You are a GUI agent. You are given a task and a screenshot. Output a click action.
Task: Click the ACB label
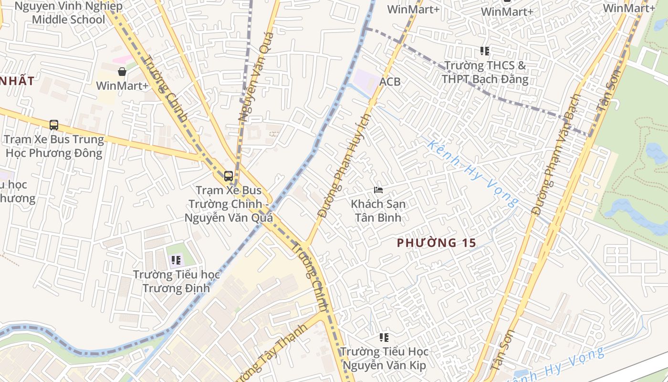390,82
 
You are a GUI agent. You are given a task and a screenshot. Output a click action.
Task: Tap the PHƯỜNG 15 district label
436,243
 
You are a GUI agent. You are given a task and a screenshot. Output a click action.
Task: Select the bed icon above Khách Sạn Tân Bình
378,190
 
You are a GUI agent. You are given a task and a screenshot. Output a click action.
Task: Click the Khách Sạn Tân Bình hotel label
378,211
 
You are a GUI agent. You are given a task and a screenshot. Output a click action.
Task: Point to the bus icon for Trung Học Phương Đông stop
54,125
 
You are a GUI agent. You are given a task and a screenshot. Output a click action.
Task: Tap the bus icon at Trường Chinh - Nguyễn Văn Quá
229,176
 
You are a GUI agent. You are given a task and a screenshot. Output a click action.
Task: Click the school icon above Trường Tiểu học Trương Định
176,260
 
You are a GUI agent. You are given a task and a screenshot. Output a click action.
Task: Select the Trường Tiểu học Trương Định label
176,281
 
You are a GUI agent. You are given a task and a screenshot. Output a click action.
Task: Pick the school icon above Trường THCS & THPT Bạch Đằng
485,51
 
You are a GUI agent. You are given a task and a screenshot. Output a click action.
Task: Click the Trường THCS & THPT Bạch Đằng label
485,72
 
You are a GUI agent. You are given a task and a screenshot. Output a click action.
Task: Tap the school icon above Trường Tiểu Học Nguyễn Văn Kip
384,338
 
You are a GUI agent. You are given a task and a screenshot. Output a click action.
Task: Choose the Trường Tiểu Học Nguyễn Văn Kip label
384,359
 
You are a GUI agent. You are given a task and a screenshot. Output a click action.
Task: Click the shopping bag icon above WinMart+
122,72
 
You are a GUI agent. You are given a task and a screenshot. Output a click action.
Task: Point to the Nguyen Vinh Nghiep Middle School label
68,13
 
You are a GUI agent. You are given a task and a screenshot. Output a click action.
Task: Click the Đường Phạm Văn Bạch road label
556,154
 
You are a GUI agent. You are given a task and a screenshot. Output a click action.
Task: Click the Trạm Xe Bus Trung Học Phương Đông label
54,146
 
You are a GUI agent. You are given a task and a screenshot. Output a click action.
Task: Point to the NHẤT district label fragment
17,81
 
